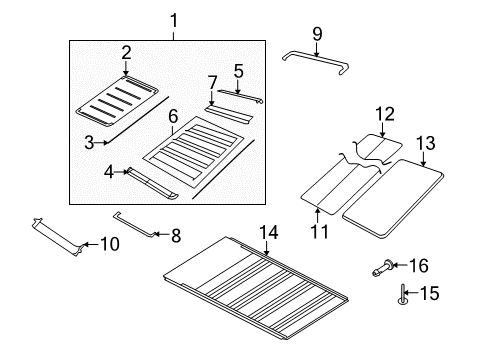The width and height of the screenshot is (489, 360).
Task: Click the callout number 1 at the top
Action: tap(174, 19)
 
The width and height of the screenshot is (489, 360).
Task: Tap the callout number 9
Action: tap(318, 34)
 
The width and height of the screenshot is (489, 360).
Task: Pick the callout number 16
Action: tap(419, 265)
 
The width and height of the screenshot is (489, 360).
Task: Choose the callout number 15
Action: tap(431, 295)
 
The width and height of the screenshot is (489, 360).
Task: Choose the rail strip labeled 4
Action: tap(157, 182)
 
